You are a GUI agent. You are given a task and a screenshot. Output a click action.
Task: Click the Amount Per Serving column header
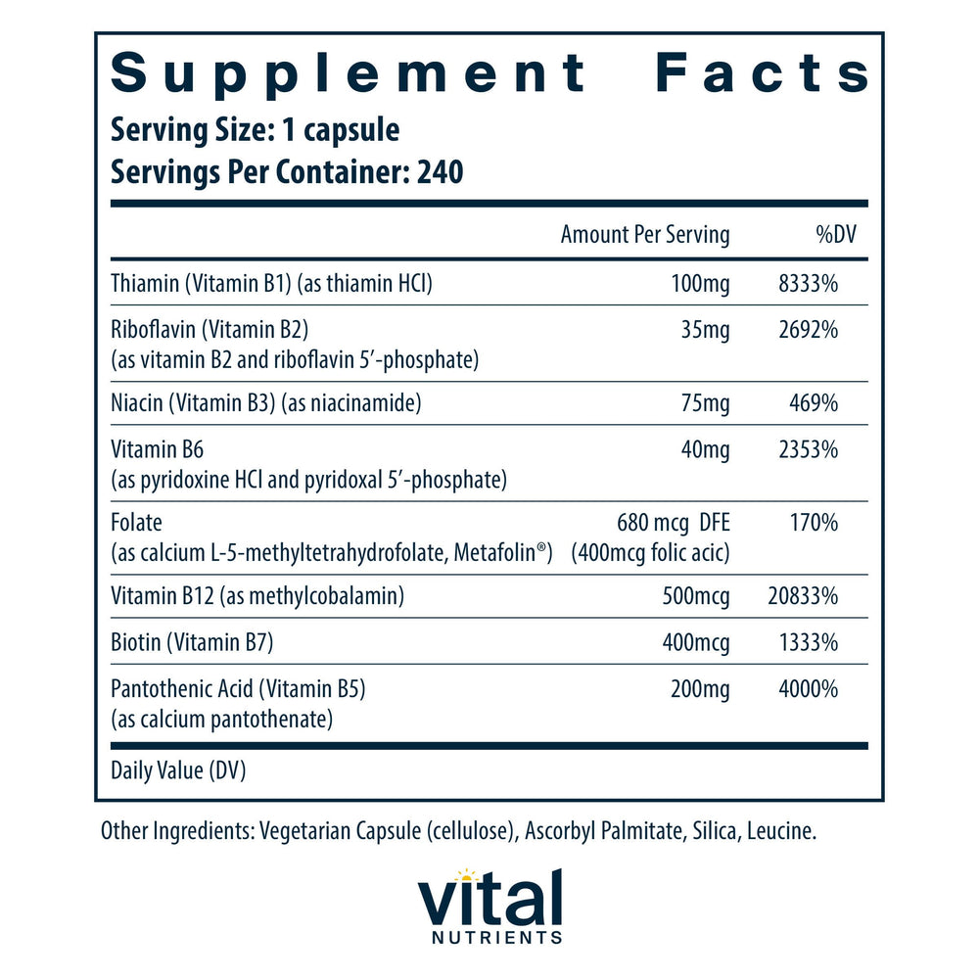click(x=644, y=235)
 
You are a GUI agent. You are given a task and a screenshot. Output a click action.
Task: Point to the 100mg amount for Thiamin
click(x=700, y=284)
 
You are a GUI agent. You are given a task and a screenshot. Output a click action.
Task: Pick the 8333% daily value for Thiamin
click(x=806, y=284)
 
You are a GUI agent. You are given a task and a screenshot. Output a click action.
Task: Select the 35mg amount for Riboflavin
click(x=705, y=331)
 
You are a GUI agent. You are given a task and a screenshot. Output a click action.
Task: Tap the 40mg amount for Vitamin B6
click(x=705, y=450)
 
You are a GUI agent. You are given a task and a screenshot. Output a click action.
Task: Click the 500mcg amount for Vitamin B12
click(x=695, y=596)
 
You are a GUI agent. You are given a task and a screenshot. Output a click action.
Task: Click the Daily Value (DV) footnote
click(x=178, y=771)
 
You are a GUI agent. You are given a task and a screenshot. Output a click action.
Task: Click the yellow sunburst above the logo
click(x=466, y=875)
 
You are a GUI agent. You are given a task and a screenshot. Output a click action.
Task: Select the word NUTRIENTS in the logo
click(x=489, y=938)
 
